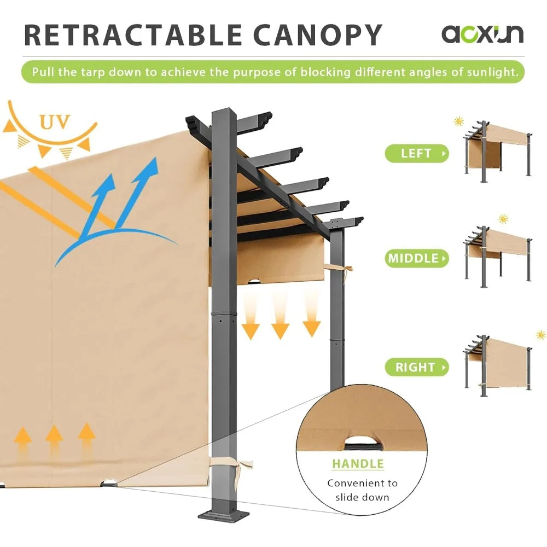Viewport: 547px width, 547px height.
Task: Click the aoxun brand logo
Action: (x=482, y=33)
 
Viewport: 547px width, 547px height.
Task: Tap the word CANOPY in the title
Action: (x=317, y=35)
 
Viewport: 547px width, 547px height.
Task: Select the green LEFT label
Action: (x=416, y=154)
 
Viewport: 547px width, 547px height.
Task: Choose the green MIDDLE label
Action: (x=416, y=258)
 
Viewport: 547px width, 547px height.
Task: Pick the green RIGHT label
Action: (x=416, y=368)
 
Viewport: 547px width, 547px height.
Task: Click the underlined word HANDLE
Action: (x=358, y=464)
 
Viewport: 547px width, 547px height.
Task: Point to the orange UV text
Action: (x=55, y=122)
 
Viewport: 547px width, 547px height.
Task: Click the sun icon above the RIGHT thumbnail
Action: (x=541, y=335)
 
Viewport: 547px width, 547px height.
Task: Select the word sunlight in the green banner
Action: (x=490, y=72)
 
